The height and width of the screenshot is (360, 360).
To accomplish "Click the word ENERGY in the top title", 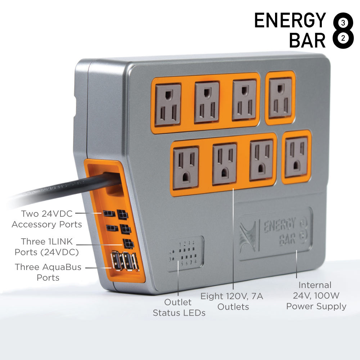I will click(x=290, y=21).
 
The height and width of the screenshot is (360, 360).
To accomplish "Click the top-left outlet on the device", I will click(x=168, y=105).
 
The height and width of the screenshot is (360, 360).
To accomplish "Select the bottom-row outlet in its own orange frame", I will click(x=296, y=157).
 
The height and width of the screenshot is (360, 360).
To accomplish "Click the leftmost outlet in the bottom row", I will click(x=186, y=168).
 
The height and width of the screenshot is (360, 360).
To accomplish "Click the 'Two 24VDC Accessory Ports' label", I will click(x=47, y=219).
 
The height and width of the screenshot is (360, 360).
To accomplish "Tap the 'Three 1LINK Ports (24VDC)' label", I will click(x=47, y=247).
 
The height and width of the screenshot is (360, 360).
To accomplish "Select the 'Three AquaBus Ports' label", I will click(x=48, y=272).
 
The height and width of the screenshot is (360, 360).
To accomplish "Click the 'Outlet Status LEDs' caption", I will click(x=179, y=307).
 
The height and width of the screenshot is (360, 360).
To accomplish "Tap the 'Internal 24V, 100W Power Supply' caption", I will click(x=316, y=296).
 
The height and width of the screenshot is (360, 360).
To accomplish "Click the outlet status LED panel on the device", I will click(x=185, y=253).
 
